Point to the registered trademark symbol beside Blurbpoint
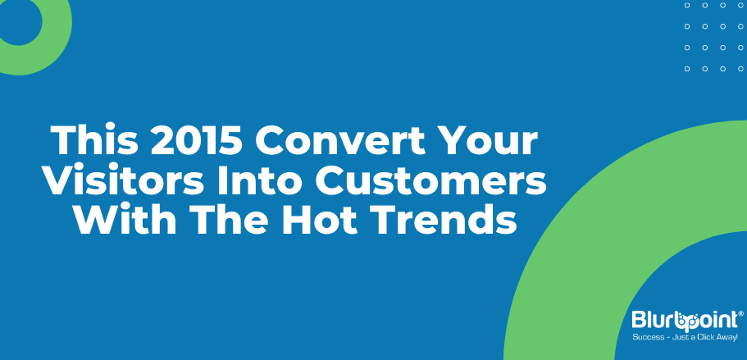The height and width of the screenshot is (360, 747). coord(740,313)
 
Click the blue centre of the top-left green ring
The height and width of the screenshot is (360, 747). coord(18,21)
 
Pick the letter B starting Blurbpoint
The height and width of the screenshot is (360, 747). coord(639,320)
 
